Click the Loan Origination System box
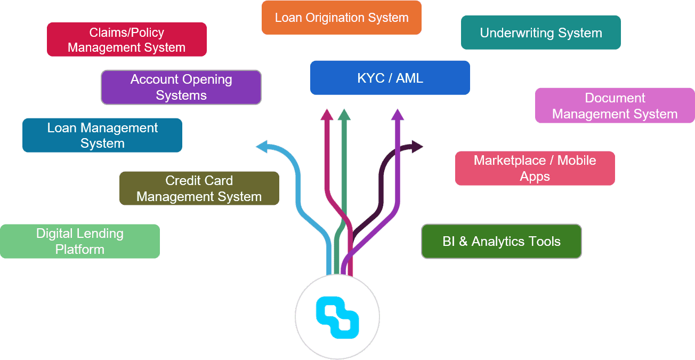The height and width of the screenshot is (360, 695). coord(342,18)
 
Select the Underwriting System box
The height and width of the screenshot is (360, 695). coord(541,33)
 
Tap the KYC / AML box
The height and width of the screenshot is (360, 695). coord(390,78)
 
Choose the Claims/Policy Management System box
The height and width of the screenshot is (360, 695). coord(126,39)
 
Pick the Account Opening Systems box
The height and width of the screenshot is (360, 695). coord(181,87)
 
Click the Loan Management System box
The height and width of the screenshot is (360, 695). coord(102,135)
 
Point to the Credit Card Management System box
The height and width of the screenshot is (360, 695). coord(199,188)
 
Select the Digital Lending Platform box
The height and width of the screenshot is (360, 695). coord(80,241)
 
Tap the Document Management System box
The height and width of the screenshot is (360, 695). coord(615,106)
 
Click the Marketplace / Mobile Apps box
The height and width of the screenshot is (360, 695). coord(535,169)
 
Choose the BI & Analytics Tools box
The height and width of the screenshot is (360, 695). coord(501,242)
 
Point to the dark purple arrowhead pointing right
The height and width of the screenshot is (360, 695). coord(417,146)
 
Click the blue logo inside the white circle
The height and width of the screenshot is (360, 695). coord(337,318)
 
